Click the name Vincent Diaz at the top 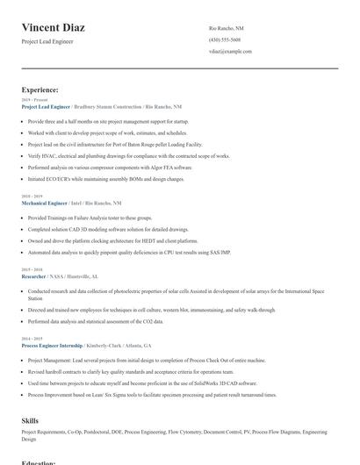tap(53, 28)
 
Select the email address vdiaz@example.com tap(231, 52)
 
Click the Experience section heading tap(40, 89)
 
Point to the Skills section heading tap(30, 421)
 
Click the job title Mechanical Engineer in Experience tap(44, 203)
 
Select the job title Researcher tap(32, 275)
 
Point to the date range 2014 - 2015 tap(32, 338)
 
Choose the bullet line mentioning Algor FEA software tap(110, 167)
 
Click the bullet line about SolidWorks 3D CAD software tap(142, 383)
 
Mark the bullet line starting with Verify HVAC tap(128, 155)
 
